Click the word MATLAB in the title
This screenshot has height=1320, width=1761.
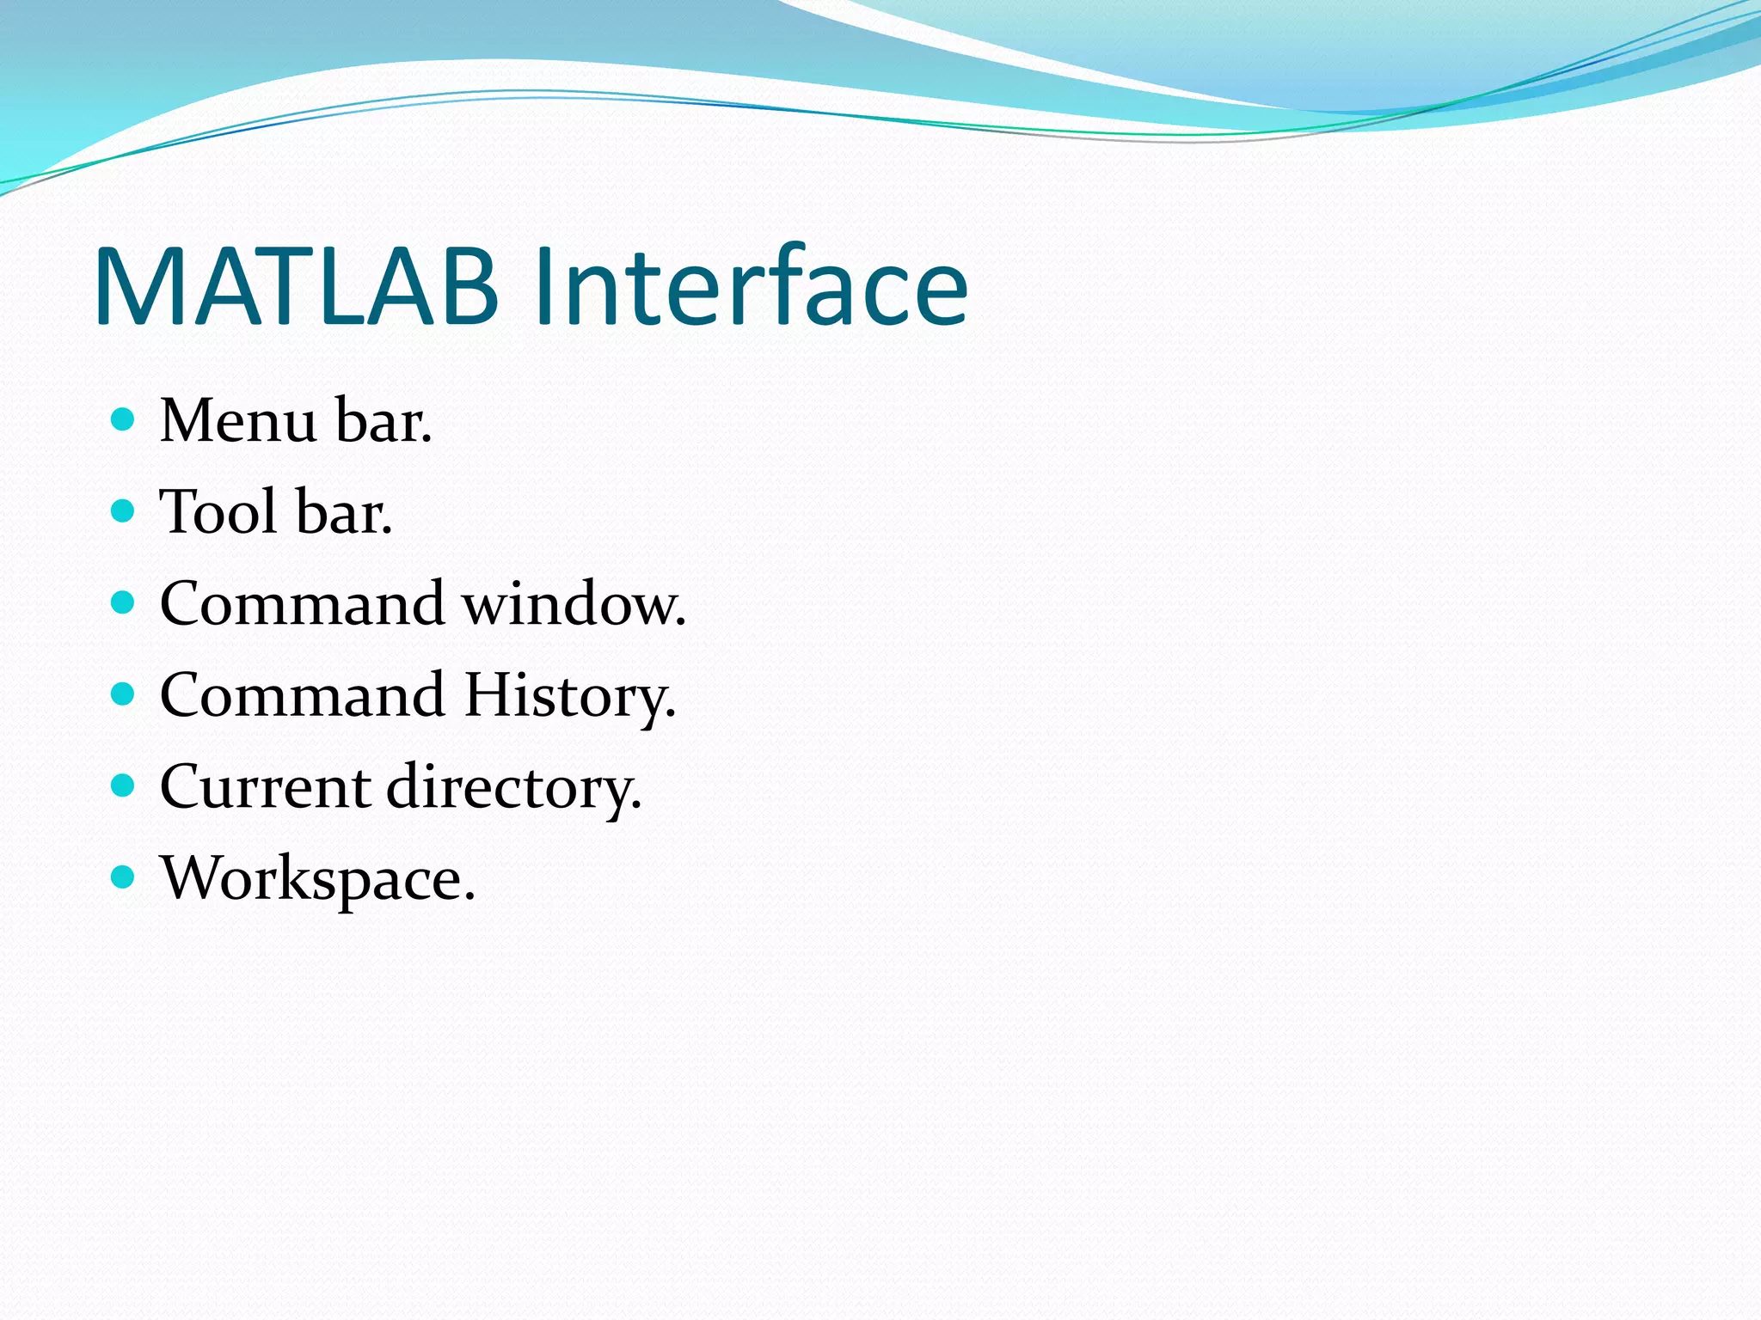pos(297,288)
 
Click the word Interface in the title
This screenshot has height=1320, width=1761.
pos(750,288)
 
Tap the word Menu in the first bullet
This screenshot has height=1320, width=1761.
pos(238,421)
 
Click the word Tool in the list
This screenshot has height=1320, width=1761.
pos(218,512)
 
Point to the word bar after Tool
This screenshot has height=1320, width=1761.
pos(342,512)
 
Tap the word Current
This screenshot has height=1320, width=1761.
pos(265,787)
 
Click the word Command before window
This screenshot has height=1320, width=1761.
pos(302,604)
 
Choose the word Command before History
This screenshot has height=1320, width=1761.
pos(302,696)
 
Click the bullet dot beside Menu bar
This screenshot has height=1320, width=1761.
pos(124,419)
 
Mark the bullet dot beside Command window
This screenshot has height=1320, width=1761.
pos(124,602)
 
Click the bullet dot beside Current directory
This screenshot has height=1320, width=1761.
pos(124,785)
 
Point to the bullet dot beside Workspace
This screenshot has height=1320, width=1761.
pos(124,877)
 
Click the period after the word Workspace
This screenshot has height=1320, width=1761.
pos(469,898)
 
